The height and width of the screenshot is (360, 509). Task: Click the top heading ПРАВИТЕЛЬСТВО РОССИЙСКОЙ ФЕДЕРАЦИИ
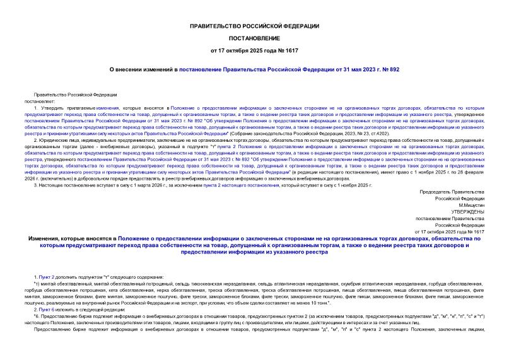254,25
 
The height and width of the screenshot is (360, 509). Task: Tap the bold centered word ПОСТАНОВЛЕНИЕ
254,37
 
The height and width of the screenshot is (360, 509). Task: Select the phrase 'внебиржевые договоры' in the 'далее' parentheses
100,146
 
